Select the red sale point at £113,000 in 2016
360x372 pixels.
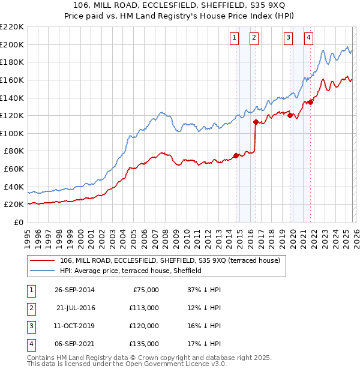(256, 122)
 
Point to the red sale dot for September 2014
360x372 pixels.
(236, 155)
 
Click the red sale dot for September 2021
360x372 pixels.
(311, 102)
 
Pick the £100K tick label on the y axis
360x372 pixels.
(13, 133)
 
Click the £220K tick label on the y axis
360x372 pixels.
(12, 27)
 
